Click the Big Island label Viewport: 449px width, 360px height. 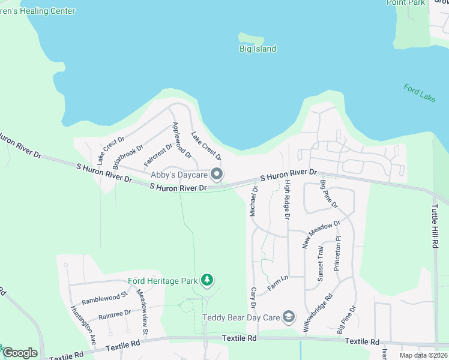pyautogui.click(x=257, y=49)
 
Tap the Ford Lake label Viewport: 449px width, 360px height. pyautogui.click(x=419, y=94)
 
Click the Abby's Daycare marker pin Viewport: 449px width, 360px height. pyautogui.click(x=217, y=175)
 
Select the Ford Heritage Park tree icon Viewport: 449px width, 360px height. pyautogui.click(x=207, y=280)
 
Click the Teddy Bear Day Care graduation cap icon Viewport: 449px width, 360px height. pyautogui.click(x=289, y=317)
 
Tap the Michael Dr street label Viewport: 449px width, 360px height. pyautogui.click(x=254, y=201)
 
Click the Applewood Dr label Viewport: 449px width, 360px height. pyautogui.click(x=181, y=140)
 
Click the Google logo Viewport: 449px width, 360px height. pyautogui.click(x=20, y=353)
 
